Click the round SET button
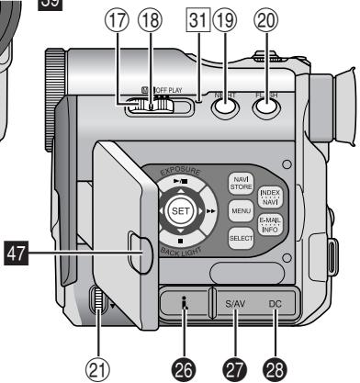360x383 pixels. coord(180,210)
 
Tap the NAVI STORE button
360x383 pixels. coord(242,182)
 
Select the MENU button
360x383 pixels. coord(242,210)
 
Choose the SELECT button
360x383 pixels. coord(242,239)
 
